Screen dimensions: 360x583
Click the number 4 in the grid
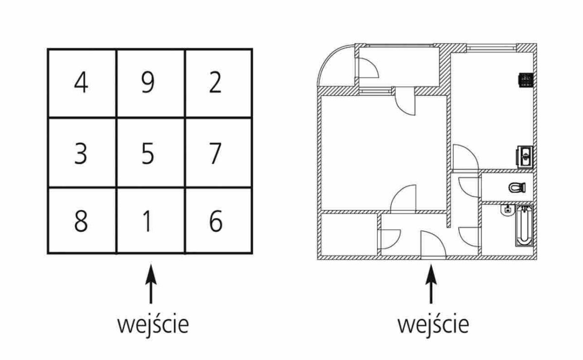click(81, 83)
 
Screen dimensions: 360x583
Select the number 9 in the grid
click(148, 83)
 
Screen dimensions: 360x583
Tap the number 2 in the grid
click(215, 83)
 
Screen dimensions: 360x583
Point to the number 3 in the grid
click(81, 153)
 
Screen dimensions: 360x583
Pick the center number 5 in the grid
click(148, 153)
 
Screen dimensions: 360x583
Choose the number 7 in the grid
click(215, 153)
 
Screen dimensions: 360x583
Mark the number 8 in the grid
click(81, 221)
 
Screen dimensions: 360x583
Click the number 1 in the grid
click(147, 221)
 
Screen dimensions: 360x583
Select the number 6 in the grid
click(216, 221)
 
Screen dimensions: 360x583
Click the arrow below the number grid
click(151, 287)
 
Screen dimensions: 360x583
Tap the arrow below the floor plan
click(430, 287)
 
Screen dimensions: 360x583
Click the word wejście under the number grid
click(153, 325)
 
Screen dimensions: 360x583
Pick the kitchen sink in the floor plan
click(524, 156)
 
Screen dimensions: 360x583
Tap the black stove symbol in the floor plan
click(526, 80)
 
